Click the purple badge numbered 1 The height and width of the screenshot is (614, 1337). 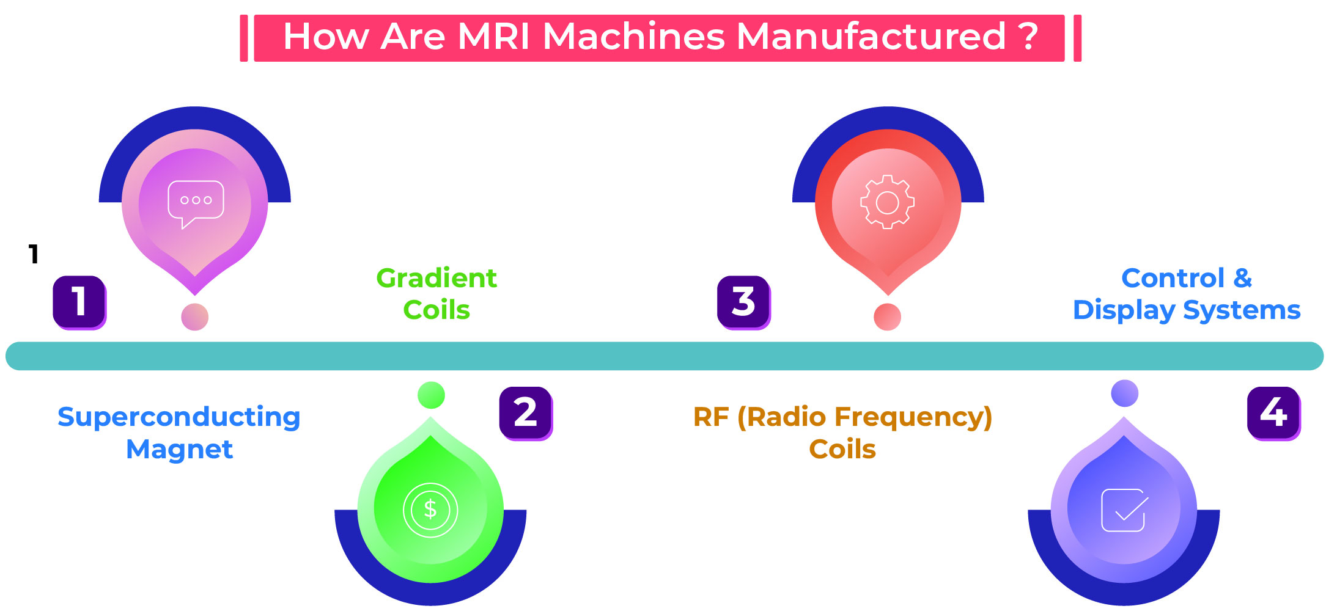79,302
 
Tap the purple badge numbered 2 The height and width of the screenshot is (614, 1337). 526,413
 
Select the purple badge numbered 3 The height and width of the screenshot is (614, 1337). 743,302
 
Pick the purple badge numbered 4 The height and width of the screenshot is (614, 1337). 1273,413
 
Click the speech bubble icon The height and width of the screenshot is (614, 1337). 196,203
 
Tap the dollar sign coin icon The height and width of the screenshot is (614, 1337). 430,510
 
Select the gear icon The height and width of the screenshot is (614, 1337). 887,202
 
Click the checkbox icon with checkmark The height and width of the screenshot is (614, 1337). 1124,510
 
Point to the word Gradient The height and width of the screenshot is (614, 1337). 436,279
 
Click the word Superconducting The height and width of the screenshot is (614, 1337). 179,417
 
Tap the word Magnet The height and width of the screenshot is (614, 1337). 179,450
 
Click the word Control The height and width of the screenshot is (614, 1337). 1173,279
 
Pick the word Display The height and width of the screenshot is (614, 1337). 1124,310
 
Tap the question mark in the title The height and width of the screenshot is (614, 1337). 1028,37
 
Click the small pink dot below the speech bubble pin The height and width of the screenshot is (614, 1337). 195,317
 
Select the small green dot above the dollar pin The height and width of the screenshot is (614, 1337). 431,395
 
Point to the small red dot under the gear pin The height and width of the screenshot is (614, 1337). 888,317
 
